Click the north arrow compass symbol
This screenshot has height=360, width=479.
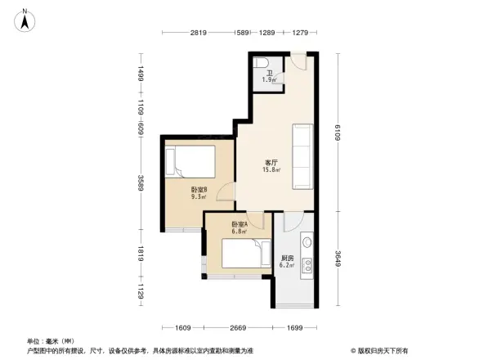[x=25, y=19]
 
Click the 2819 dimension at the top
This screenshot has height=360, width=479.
[x=199, y=33]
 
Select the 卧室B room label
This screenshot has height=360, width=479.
[x=198, y=190]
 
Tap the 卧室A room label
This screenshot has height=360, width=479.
[x=240, y=225]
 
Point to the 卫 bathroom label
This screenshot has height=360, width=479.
[x=268, y=74]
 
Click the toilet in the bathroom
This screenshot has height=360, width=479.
[x=261, y=64]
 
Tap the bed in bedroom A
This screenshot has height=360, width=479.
[x=246, y=255]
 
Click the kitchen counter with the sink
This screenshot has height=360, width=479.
[x=307, y=254]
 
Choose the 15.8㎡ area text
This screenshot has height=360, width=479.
[x=271, y=170]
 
